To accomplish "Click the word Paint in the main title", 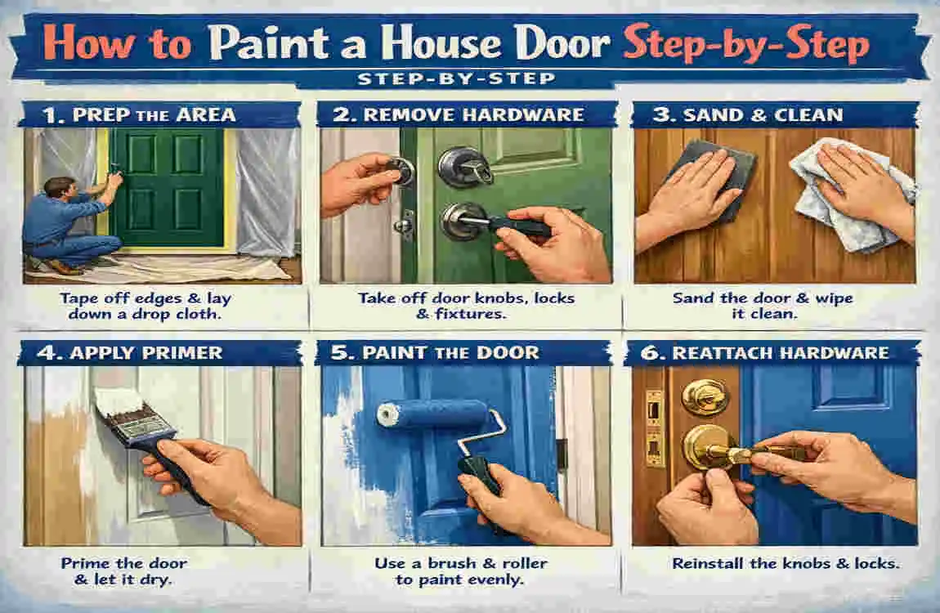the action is [x=269, y=44].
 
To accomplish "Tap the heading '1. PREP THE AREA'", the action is [x=139, y=114].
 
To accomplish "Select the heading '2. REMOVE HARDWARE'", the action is [x=458, y=114].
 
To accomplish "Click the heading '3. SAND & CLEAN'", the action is [x=748, y=114].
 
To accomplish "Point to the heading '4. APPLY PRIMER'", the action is [x=129, y=352].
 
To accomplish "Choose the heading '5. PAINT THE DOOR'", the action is [x=435, y=352].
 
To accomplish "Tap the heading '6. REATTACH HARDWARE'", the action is [x=765, y=352].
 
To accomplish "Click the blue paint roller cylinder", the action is [x=432, y=414].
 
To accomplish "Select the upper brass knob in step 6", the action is [x=705, y=396].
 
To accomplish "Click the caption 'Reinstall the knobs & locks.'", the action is [x=786, y=563].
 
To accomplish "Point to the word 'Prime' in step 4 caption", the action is [x=84, y=563].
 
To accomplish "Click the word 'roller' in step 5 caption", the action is [x=524, y=563].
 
